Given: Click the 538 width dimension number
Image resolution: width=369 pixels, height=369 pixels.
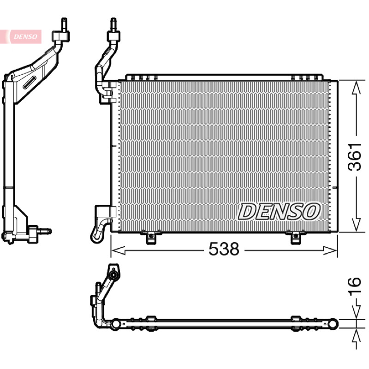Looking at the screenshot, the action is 224,249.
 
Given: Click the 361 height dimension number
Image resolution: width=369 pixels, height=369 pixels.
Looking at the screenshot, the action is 355,156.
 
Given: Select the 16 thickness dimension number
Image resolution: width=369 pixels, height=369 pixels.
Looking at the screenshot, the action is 355,286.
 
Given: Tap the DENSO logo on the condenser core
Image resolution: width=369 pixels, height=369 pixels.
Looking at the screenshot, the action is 279,212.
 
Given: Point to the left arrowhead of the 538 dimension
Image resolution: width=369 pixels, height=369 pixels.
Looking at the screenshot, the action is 118,250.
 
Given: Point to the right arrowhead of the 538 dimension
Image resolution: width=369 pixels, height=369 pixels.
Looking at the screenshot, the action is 330,250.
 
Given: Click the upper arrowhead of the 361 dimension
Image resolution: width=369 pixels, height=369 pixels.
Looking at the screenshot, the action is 356,88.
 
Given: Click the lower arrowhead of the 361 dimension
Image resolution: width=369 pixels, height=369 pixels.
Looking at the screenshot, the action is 356,225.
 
